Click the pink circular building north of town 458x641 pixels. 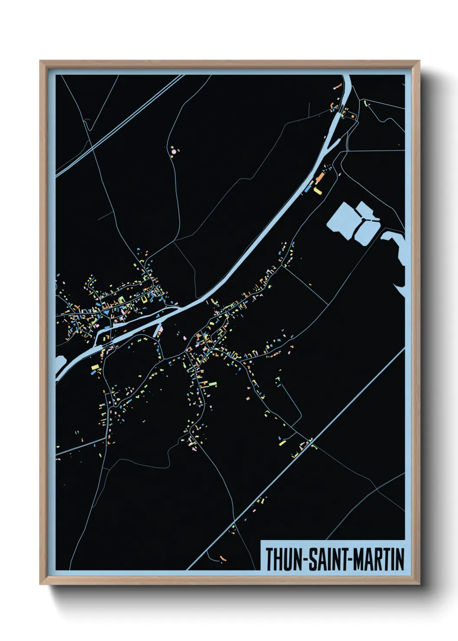174,152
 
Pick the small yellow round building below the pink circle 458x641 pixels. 172,156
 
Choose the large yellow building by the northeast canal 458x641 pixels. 318,191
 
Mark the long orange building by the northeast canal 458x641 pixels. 320,178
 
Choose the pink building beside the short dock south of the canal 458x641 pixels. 161,330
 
